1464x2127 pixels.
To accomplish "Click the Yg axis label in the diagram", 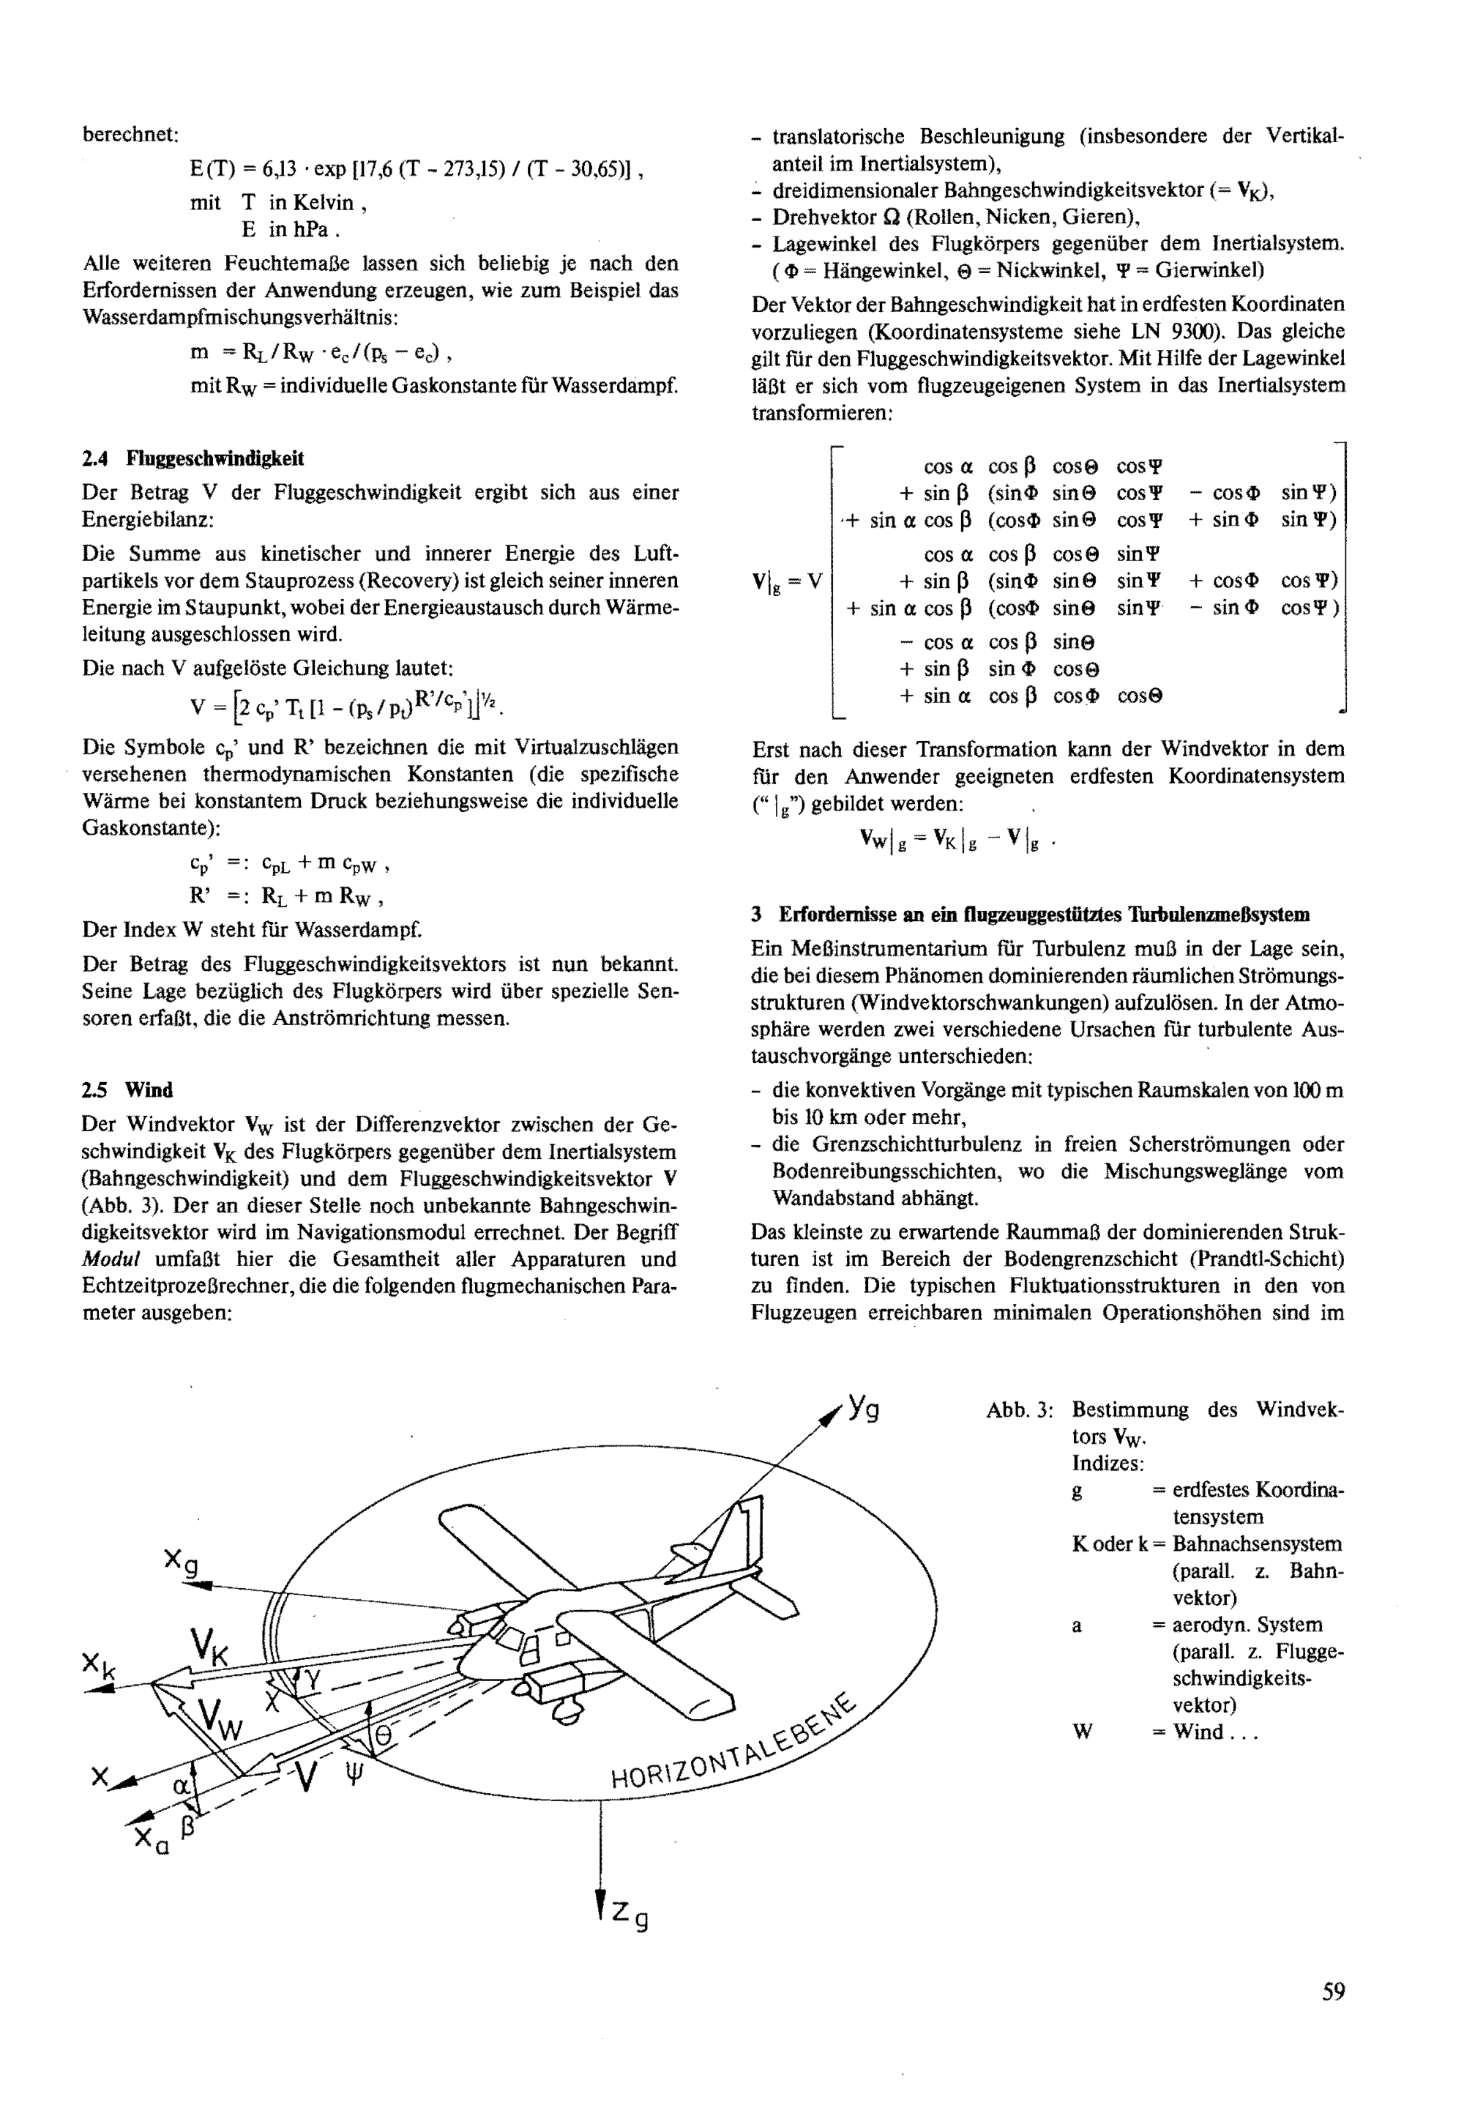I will point(863,1407).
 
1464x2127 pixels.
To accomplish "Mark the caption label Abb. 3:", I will point(1018,1409).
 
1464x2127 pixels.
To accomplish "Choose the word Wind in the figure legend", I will point(1198,1732).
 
